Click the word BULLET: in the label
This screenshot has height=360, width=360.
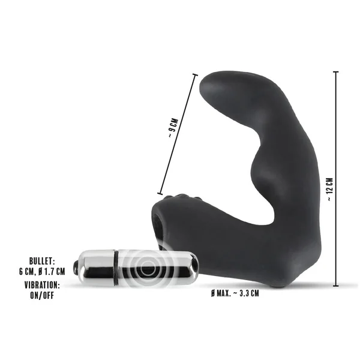click(42, 261)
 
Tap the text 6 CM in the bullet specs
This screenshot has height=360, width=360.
click(27, 272)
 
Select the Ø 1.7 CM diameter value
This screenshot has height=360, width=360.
click(52, 272)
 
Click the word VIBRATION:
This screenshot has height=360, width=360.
click(42, 285)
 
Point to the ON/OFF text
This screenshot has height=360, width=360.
click(42, 295)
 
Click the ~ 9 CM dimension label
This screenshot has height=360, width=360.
click(173, 128)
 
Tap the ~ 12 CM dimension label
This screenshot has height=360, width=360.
click(330, 190)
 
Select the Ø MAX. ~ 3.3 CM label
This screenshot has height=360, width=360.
click(235, 293)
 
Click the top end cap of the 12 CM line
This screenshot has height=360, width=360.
click(336, 72)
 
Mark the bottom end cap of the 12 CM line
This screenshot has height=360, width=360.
click(336, 286)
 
